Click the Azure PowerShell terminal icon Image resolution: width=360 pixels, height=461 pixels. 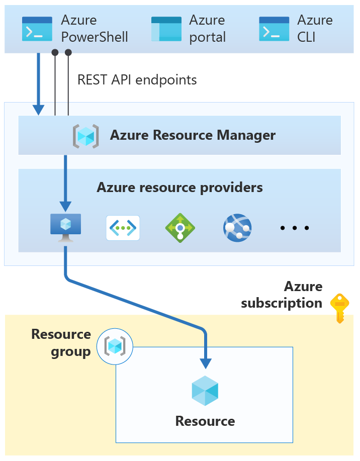(x=37, y=29)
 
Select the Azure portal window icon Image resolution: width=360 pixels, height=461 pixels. (x=166, y=29)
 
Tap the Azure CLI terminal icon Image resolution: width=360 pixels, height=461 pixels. (x=274, y=29)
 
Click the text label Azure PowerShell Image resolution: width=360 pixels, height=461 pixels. (x=95, y=29)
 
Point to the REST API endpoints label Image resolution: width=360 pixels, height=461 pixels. (x=137, y=80)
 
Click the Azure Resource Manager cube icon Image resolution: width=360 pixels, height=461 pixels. (x=86, y=136)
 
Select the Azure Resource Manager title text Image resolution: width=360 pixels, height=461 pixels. (x=193, y=135)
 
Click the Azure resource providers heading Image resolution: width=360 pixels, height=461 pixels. (x=179, y=188)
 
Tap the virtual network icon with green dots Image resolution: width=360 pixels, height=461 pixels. (x=123, y=228)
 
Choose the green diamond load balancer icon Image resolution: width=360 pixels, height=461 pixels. (x=180, y=228)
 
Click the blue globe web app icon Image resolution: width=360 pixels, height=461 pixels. (x=237, y=228)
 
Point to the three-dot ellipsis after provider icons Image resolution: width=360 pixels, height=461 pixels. (x=295, y=228)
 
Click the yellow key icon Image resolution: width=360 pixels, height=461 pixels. (x=340, y=308)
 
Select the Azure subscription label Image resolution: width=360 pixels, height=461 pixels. (x=282, y=295)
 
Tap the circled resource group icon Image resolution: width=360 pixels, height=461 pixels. (x=115, y=346)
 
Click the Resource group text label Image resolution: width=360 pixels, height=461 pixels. (x=61, y=343)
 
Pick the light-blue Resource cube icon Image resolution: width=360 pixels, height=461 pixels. (x=205, y=391)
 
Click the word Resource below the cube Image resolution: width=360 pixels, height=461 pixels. (x=205, y=421)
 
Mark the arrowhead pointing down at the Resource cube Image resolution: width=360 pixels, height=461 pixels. (x=206, y=363)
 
